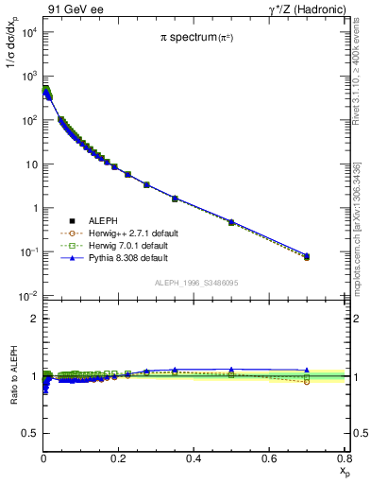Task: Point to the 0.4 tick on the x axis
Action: click(194, 458)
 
